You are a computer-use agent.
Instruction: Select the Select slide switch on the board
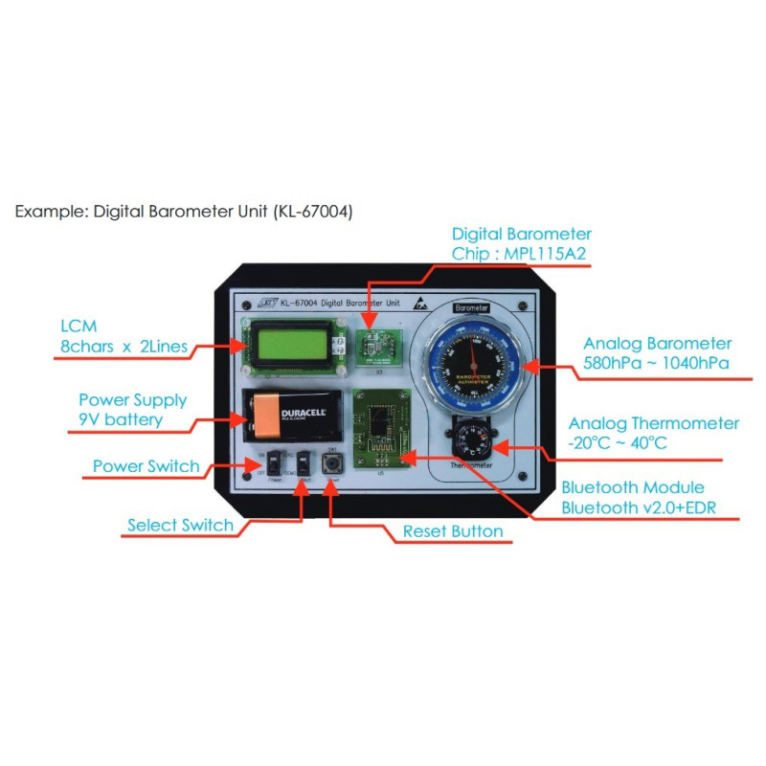pos(304,462)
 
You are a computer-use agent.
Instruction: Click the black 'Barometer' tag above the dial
pos(471,308)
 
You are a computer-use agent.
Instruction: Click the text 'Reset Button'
pos(453,531)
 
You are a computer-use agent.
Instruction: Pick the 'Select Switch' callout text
pos(180,525)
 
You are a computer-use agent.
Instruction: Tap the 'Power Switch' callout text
pos(146,466)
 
